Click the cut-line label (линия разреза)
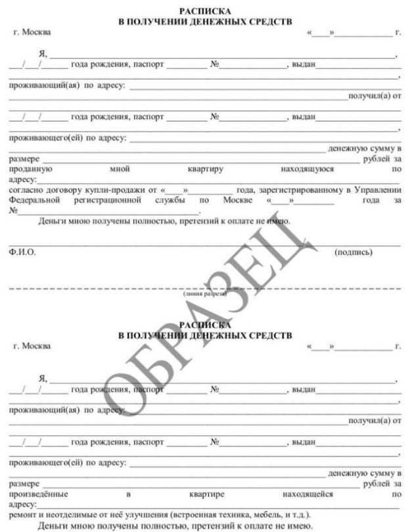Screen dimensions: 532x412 click(x=205, y=294)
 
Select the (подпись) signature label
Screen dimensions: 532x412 click(x=354, y=251)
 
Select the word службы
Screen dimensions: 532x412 click(x=168, y=200)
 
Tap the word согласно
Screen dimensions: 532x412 click(x=26, y=190)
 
